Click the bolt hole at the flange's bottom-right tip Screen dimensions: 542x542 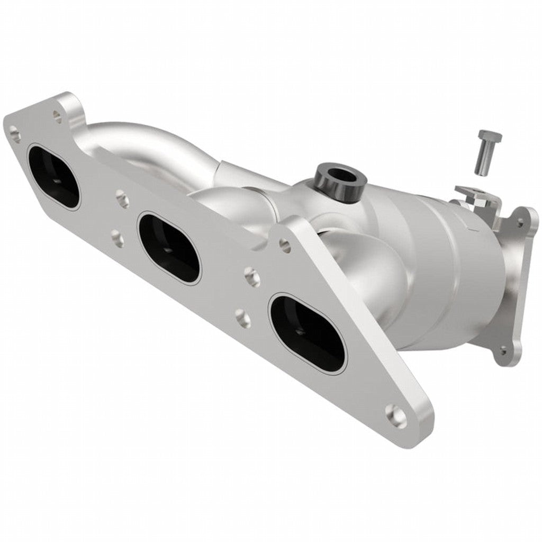(396, 415)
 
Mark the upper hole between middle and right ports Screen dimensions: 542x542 (251, 274)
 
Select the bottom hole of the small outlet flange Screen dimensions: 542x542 (502, 350)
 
